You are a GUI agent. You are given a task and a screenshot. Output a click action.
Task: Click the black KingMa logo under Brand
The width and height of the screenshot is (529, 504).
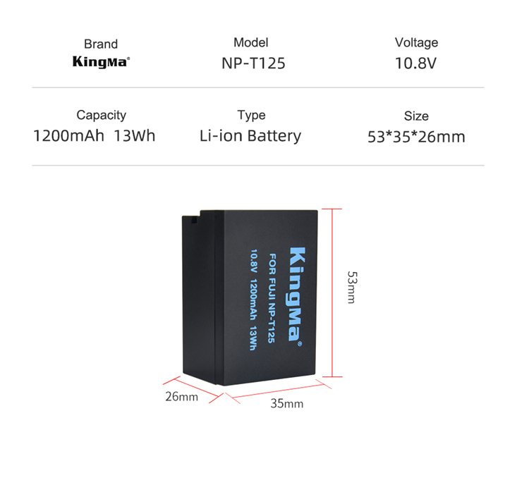pyautogui.click(x=101, y=62)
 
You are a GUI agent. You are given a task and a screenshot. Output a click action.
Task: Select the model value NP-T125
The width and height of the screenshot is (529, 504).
pyautogui.click(x=253, y=63)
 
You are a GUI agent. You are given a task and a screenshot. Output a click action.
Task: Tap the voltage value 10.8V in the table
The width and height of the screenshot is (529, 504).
pyautogui.click(x=415, y=63)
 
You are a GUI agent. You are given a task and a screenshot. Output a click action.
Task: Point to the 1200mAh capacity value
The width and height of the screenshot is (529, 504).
pyautogui.click(x=69, y=136)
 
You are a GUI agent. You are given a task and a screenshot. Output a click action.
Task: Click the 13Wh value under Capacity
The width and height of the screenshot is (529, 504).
pyautogui.click(x=135, y=136)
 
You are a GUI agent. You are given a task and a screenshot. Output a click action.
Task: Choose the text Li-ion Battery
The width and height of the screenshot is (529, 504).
pyautogui.click(x=250, y=136)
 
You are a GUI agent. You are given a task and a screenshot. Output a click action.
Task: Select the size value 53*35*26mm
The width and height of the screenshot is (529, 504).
pyautogui.click(x=416, y=137)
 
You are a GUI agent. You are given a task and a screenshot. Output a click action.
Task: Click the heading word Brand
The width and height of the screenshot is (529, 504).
pyautogui.click(x=101, y=44)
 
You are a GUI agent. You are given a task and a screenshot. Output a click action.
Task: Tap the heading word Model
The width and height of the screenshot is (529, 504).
pyautogui.click(x=251, y=42)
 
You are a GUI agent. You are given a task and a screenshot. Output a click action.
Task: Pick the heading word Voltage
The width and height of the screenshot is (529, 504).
pyautogui.click(x=416, y=43)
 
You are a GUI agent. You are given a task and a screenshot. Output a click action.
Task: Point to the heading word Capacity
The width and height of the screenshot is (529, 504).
pyautogui.click(x=101, y=116)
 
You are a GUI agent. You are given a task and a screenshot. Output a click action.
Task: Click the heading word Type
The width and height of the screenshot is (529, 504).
pyautogui.click(x=251, y=116)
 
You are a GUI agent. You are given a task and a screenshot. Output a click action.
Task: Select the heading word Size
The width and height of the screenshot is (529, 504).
pyautogui.click(x=416, y=116)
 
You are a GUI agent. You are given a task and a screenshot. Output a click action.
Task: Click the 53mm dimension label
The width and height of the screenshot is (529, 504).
pyautogui.click(x=352, y=287)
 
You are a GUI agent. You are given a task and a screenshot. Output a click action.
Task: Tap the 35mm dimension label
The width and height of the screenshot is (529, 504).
pyautogui.click(x=287, y=403)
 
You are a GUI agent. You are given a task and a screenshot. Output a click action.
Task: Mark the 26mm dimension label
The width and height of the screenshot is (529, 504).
pyautogui.click(x=181, y=397)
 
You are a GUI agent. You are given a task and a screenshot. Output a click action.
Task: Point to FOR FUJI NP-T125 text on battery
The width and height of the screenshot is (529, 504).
pyautogui.click(x=272, y=298)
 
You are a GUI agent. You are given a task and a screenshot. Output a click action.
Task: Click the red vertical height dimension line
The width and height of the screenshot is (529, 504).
pyautogui.click(x=332, y=293)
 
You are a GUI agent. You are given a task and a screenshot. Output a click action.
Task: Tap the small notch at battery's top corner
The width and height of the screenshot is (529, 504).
pyautogui.click(x=194, y=221)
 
